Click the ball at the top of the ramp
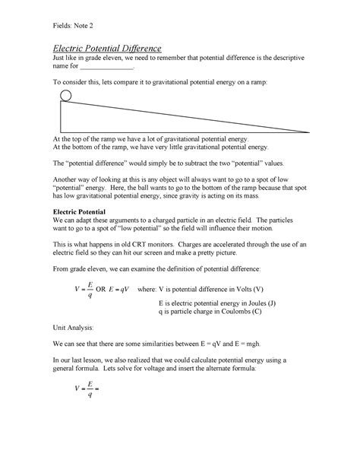coord(66,96)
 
